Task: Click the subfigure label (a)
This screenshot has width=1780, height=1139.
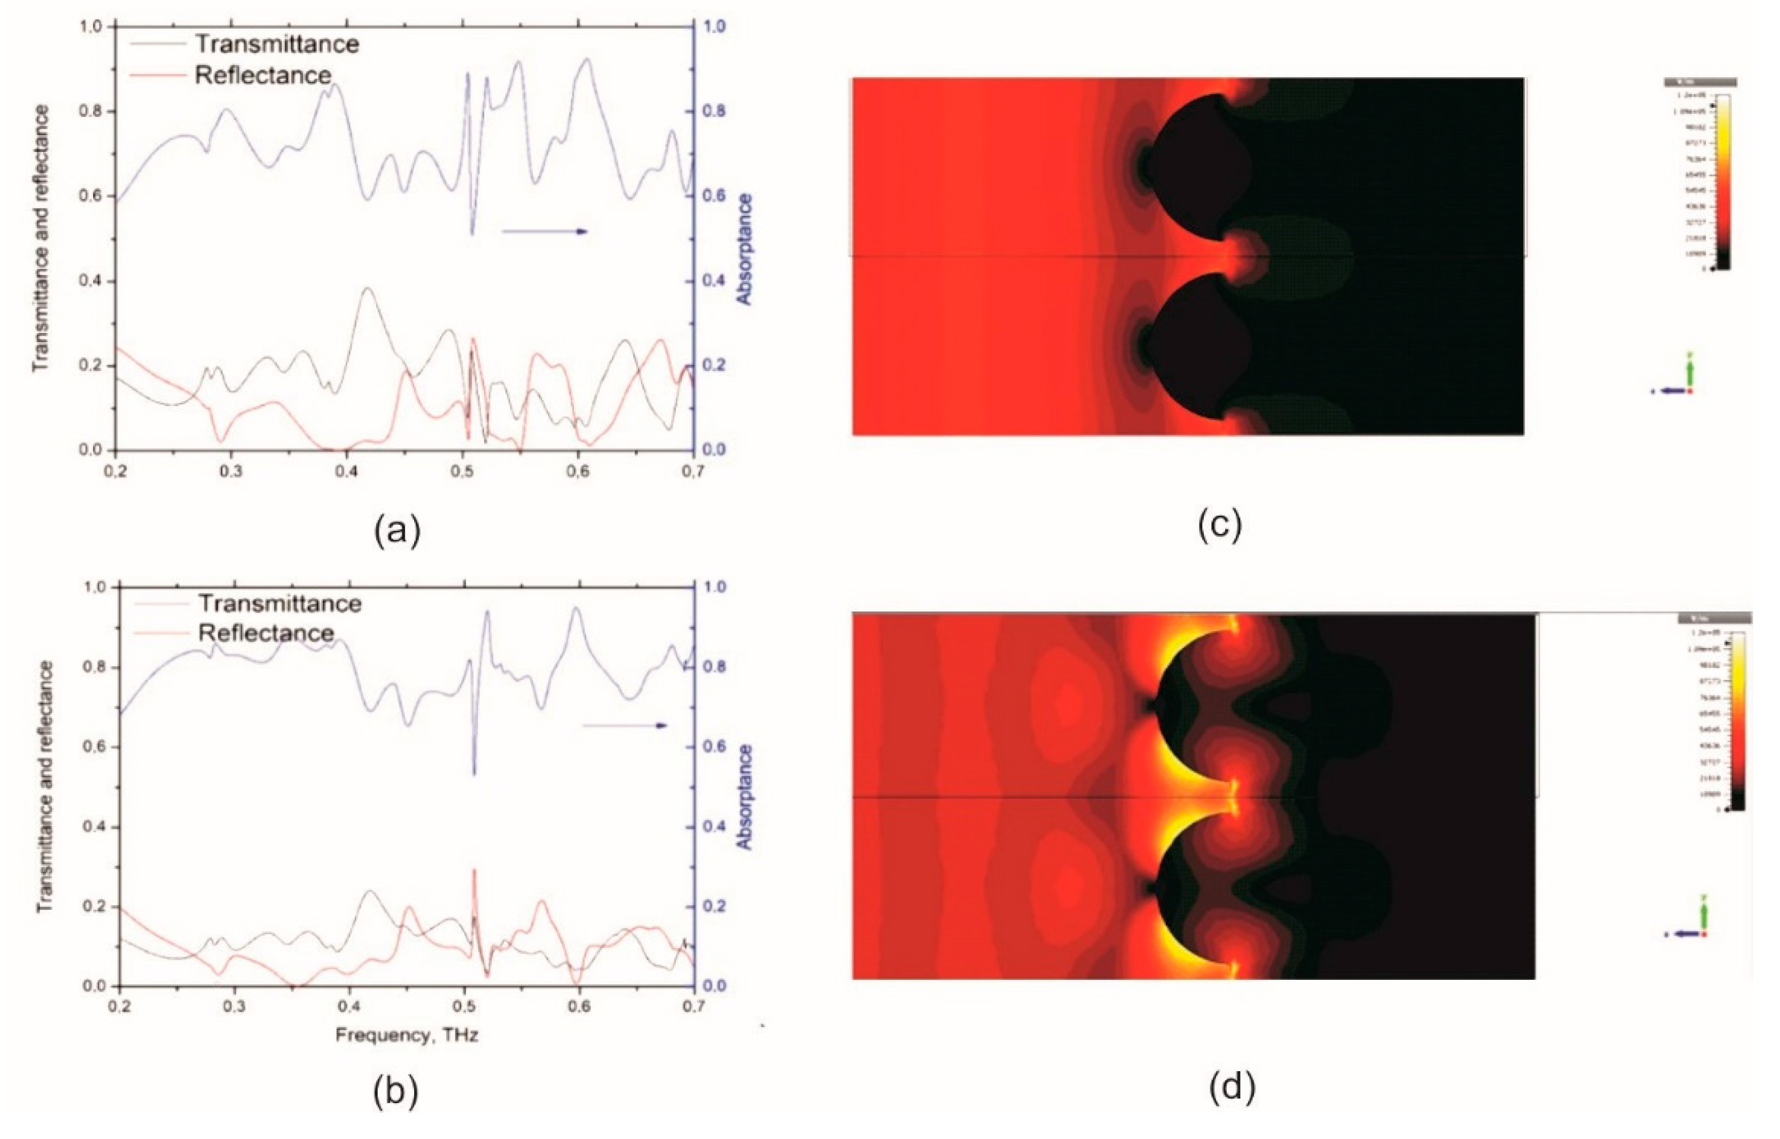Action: (397, 530)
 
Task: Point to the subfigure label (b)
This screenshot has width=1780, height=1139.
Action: (396, 1092)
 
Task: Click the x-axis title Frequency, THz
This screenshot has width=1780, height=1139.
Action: (407, 1035)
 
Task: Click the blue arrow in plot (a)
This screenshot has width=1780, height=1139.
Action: (545, 231)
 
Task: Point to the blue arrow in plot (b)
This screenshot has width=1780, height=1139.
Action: (625, 725)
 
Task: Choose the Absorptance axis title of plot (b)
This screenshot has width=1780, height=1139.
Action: (745, 797)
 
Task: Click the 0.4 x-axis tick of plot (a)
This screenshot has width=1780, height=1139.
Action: (346, 471)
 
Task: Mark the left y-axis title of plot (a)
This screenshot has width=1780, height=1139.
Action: (41, 238)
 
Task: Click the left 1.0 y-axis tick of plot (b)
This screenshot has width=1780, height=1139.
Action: (97, 587)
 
